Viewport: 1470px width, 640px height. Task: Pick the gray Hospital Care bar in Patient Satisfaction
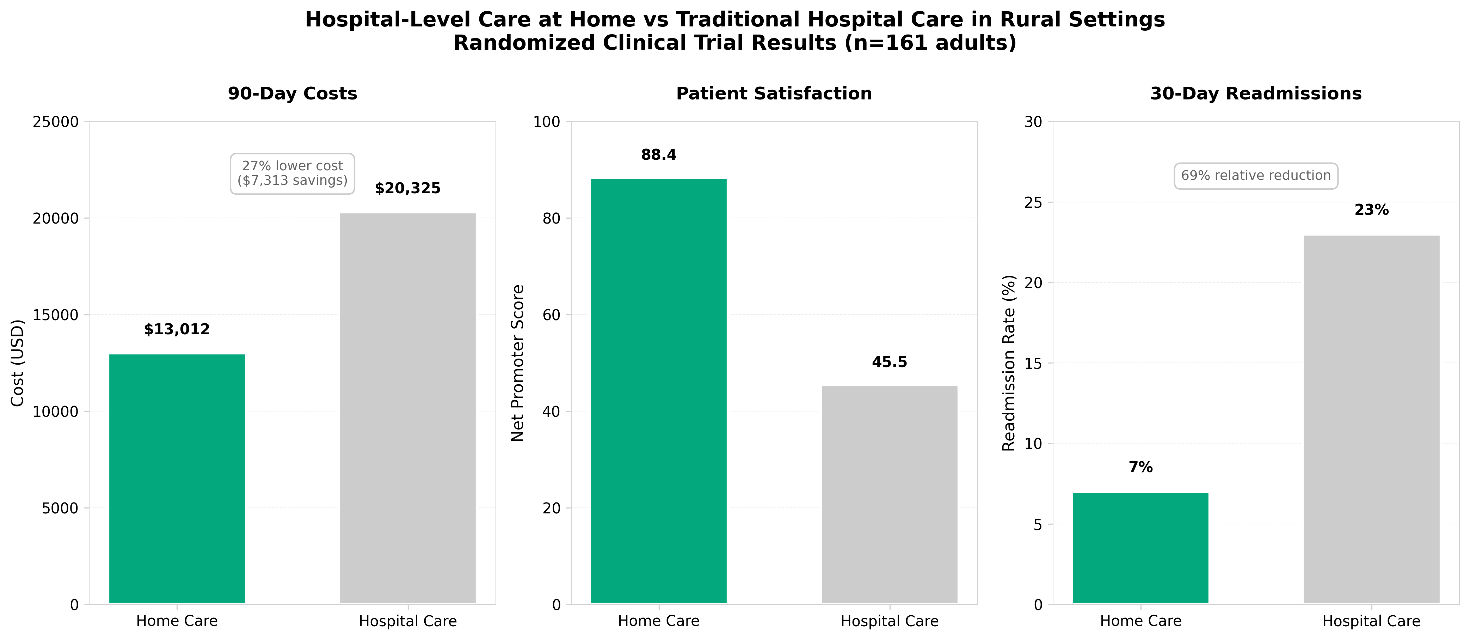click(889, 494)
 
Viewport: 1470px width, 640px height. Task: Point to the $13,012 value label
click(177, 329)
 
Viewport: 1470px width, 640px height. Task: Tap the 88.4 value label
click(659, 155)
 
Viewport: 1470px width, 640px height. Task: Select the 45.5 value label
click(889, 362)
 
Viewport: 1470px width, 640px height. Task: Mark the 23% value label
click(1371, 210)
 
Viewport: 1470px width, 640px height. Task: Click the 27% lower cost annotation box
click(292, 173)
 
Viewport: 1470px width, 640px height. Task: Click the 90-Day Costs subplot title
click(292, 94)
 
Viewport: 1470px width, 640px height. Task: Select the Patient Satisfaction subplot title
click(774, 94)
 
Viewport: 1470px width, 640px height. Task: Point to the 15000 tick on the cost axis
click(55, 315)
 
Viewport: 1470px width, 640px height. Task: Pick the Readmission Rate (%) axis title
click(1009, 363)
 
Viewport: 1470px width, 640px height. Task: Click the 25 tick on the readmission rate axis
click(1033, 203)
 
